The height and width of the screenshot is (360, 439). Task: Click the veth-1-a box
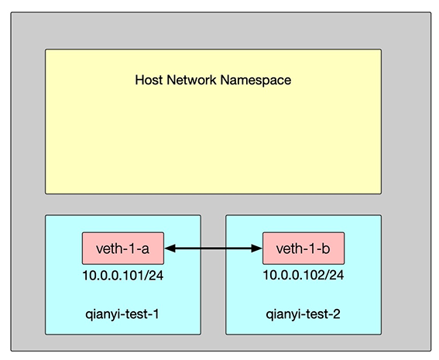pos(123,249)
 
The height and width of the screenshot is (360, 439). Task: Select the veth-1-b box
pos(304,249)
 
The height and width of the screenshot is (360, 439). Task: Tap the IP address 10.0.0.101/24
pos(123,276)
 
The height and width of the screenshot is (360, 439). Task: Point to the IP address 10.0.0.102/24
pos(304,275)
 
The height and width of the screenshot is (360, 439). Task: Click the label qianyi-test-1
pos(122,314)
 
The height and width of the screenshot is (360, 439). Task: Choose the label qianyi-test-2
pos(304,314)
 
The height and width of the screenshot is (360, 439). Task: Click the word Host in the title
pos(149,80)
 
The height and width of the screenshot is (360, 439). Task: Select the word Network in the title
pos(192,80)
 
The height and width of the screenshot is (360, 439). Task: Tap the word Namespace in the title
pos(256,81)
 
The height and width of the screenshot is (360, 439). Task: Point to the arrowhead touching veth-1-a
pos(170,249)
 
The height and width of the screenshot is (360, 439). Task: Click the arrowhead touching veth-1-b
pos(257,249)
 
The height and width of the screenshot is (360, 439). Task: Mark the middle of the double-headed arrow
pos(214,249)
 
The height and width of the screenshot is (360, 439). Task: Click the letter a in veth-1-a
pos(146,249)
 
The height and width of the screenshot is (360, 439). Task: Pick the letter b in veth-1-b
pos(326,249)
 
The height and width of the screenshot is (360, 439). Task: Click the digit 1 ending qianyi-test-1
pos(156,314)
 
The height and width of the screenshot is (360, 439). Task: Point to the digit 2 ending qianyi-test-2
pos(337,314)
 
